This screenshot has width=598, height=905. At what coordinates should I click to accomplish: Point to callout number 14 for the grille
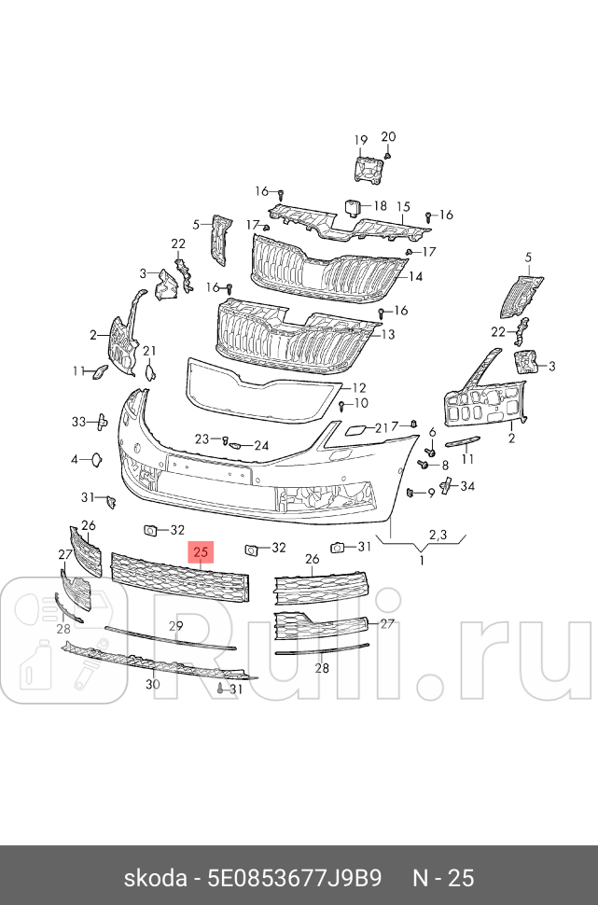coord(415,276)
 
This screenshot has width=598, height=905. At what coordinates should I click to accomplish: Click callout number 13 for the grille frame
coord(387,334)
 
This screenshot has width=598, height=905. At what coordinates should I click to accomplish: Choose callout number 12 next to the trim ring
coord(358,388)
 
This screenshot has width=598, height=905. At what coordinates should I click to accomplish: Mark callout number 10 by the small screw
coord(360,403)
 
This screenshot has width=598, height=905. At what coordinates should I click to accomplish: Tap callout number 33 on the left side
coord(78,422)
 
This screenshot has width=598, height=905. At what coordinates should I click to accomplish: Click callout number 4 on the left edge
coord(75,459)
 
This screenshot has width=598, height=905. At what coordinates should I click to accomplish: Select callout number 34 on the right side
coord(467,486)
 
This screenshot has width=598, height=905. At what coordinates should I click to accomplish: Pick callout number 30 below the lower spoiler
coord(153,684)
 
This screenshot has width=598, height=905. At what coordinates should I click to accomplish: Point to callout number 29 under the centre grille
coord(175,625)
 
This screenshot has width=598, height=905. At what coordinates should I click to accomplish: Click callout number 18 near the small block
coord(380,205)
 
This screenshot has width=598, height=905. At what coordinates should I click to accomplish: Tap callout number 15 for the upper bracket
coord(403,207)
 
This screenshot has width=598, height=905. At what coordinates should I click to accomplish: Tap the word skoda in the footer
coord(153,879)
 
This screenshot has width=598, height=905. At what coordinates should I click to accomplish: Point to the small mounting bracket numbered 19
coord(369,170)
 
